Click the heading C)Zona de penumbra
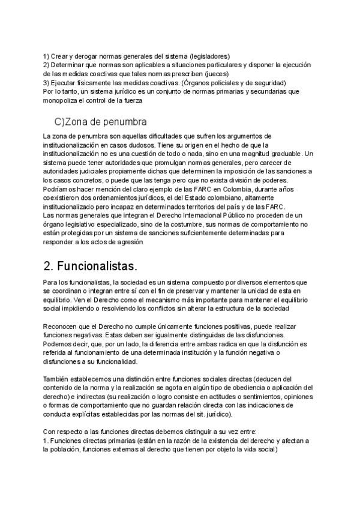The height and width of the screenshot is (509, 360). point(101,122)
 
